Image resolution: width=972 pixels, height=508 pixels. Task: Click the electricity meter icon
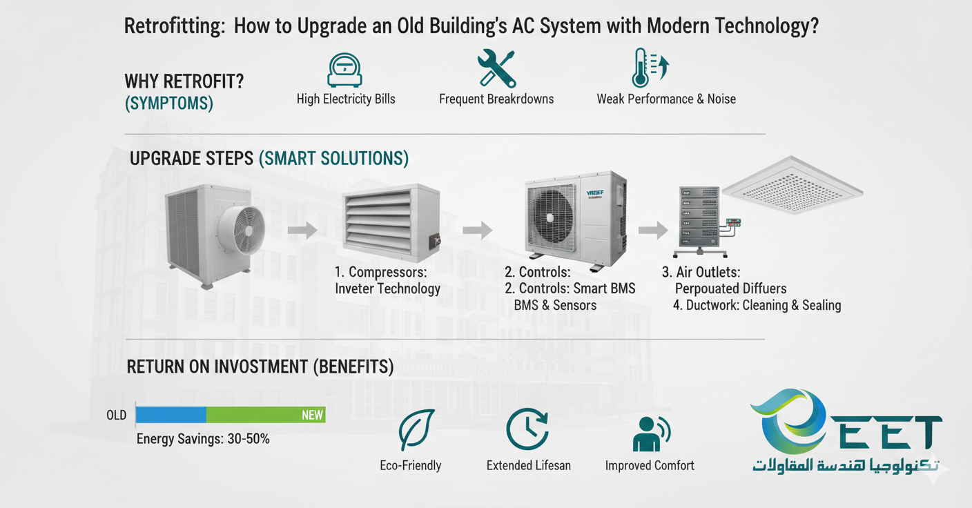344,70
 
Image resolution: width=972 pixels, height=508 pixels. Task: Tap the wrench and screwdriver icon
496,68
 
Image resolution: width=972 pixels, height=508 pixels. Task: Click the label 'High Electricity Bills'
346,99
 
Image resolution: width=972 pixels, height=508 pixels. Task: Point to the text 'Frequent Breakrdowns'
496,99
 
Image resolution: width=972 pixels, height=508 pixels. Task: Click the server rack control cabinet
698,219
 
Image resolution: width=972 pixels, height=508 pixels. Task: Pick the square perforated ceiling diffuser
792,186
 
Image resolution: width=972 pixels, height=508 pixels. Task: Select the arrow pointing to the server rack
652,229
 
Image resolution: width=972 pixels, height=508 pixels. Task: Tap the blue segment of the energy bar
171,415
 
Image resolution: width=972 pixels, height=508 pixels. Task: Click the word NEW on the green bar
312,415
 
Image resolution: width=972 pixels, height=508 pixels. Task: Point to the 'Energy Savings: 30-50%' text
203,438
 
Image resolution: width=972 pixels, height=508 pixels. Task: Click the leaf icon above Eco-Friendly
416,431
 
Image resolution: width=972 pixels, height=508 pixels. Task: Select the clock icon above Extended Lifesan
527,429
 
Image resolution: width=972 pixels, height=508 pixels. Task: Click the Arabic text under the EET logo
845,466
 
